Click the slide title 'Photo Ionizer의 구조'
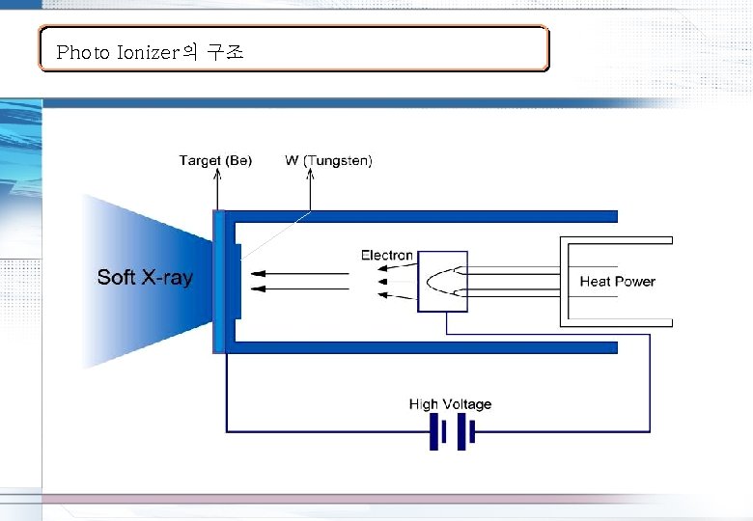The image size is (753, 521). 150,52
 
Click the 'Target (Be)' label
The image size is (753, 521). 215,160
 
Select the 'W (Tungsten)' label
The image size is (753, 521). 329,160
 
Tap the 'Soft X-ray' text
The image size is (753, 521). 145,278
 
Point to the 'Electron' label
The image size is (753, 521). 387,255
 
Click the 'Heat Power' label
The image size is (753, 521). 617,282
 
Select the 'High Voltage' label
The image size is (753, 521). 450,404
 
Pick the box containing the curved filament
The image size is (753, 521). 442,282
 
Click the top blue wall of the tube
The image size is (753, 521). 425,216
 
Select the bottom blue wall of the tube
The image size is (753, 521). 425,347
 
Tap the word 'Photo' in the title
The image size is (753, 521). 84,52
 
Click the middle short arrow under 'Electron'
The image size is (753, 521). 385,281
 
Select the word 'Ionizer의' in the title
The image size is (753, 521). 157,52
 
